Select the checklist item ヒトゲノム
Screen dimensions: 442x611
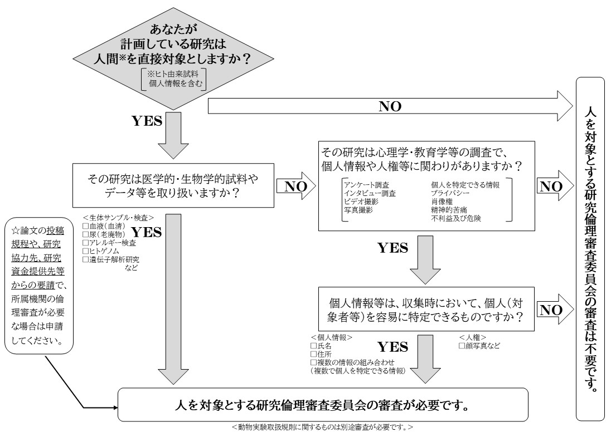pyautogui.click(x=100, y=252)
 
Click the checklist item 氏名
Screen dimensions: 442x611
pyautogui.click(x=320, y=346)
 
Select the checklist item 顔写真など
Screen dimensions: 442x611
pyautogui.click(x=479, y=346)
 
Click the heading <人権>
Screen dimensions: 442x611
pyautogui.click(x=473, y=337)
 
